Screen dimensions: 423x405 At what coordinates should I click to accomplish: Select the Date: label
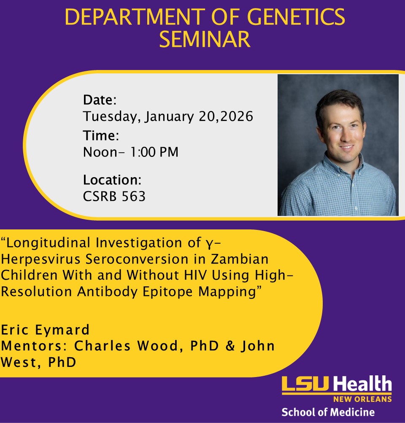click(x=100, y=100)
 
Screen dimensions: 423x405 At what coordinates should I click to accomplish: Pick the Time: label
click(x=101, y=136)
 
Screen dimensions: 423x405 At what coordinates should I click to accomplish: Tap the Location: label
click(x=112, y=180)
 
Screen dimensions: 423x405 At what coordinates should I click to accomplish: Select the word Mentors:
click(x=35, y=346)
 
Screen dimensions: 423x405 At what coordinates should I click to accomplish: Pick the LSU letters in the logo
click(x=306, y=385)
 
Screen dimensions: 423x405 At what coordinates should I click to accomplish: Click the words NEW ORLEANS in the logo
click(x=362, y=399)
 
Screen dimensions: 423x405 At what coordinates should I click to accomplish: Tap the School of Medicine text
click(x=328, y=412)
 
